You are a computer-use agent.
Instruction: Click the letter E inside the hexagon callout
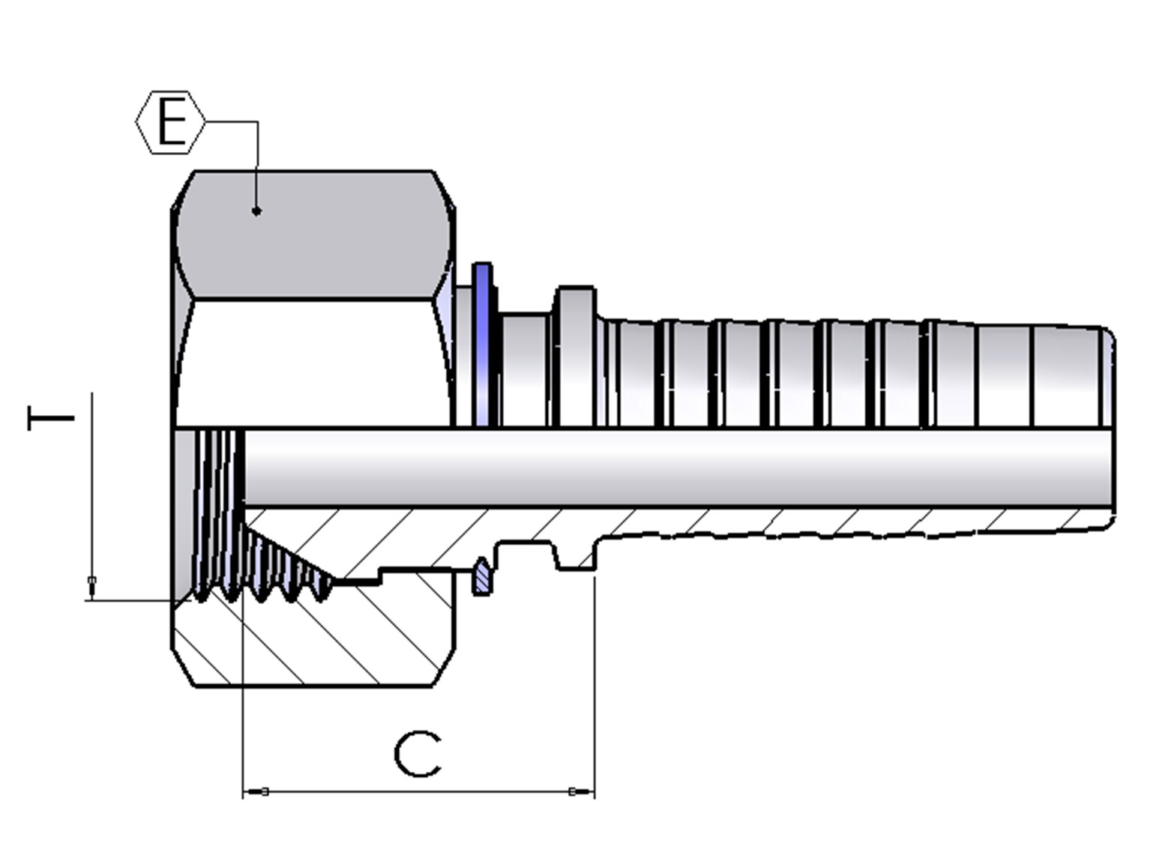point(172,122)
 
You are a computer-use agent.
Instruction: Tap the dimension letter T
point(50,418)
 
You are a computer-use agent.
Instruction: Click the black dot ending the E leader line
point(256,211)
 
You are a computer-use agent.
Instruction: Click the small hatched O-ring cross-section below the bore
point(482,577)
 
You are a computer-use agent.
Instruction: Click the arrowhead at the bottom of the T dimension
point(91,588)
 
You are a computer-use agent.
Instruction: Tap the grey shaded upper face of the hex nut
point(314,235)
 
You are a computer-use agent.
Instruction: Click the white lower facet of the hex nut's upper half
point(314,363)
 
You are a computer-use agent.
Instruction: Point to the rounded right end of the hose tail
point(1107,376)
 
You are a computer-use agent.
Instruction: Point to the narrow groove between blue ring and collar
point(525,369)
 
